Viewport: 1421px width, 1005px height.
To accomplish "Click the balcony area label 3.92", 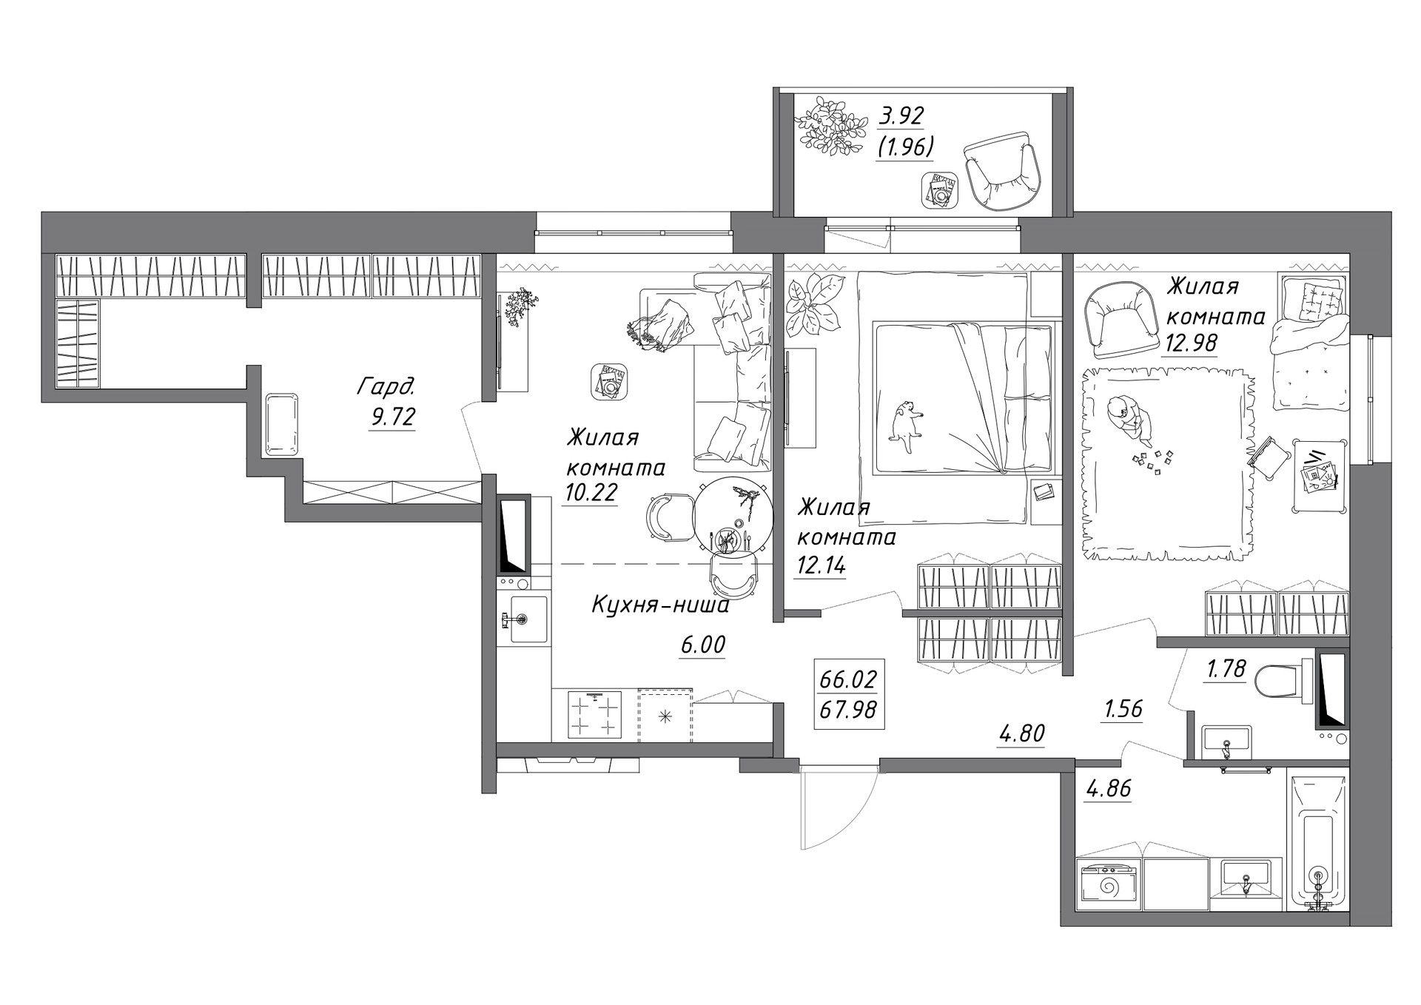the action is coord(901,116).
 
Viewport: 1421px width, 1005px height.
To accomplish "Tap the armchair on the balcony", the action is coord(1004,171).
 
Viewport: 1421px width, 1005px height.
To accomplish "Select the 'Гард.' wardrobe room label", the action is coord(386,386).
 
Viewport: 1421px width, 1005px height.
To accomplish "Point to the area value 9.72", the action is coord(392,417).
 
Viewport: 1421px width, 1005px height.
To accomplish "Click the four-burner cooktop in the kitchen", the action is coord(594,714).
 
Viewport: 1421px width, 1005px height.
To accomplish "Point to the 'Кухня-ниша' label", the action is coord(660,605).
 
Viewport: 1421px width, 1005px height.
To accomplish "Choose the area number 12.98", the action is coord(1189,343).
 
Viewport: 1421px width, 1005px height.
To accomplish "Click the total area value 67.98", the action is coord(848,710).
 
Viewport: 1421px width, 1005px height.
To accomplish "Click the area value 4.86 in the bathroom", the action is coord(1109,789).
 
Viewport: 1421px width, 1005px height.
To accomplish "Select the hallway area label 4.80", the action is coord(1021,733).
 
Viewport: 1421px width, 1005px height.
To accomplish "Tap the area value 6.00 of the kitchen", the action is coord(703,645).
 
